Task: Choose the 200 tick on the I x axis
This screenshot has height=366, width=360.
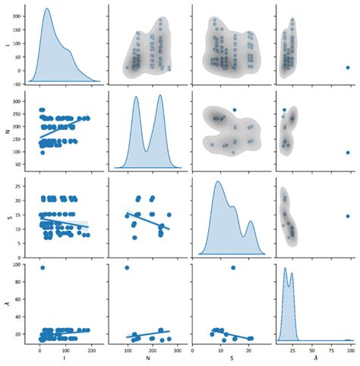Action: point(92,352)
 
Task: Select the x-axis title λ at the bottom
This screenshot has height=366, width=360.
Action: point(315,361)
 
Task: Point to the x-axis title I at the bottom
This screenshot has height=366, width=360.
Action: point(65,361)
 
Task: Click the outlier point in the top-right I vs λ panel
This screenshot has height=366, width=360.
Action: point(348,68)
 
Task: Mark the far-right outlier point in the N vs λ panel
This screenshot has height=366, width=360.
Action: point(348,153)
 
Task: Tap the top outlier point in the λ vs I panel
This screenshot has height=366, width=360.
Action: point(43,268)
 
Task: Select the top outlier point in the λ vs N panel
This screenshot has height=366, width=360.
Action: point(126,268)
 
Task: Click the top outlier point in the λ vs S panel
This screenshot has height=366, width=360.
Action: point(233,268)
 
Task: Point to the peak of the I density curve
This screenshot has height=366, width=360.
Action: point(47,9)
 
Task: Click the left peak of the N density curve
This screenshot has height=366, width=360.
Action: point(136,97)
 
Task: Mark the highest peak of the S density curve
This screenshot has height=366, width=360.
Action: point(219,181)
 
